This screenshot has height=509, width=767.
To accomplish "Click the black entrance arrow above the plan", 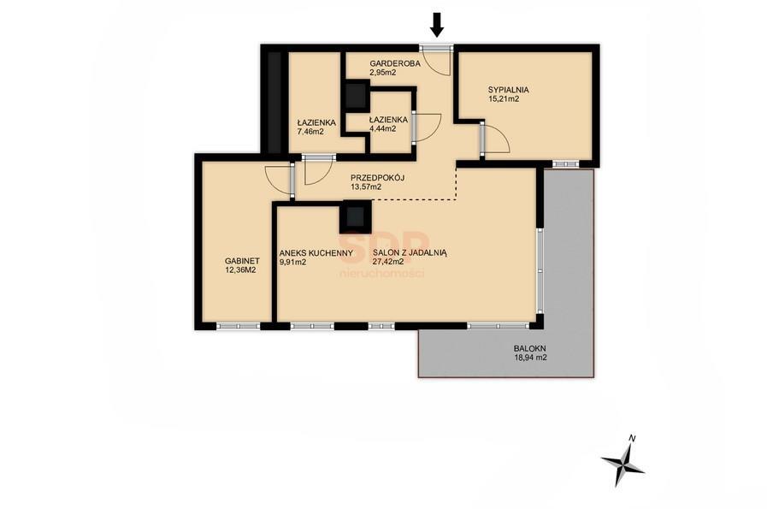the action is coord(437,26).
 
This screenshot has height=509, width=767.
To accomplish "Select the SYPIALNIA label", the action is coord(508,90).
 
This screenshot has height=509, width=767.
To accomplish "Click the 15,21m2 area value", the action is coord(504,99).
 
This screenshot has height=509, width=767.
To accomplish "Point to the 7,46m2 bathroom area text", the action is coord(310,131).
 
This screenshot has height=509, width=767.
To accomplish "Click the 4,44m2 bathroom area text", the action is coord(382,128).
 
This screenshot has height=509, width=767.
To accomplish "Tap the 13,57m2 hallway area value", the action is coord(366,186).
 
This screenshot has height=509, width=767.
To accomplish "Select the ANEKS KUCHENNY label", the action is coord(316,253).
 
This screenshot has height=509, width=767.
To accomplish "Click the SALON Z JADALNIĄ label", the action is coord(410,253).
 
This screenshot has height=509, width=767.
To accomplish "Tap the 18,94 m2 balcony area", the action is coord(530,358).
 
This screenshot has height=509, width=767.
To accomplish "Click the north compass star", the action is coord(622,464).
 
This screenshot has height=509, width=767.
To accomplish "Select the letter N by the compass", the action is coord(632,438).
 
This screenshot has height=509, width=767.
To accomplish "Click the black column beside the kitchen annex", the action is coord(356,216).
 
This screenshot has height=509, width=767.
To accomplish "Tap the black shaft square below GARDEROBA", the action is coord(356,96).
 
